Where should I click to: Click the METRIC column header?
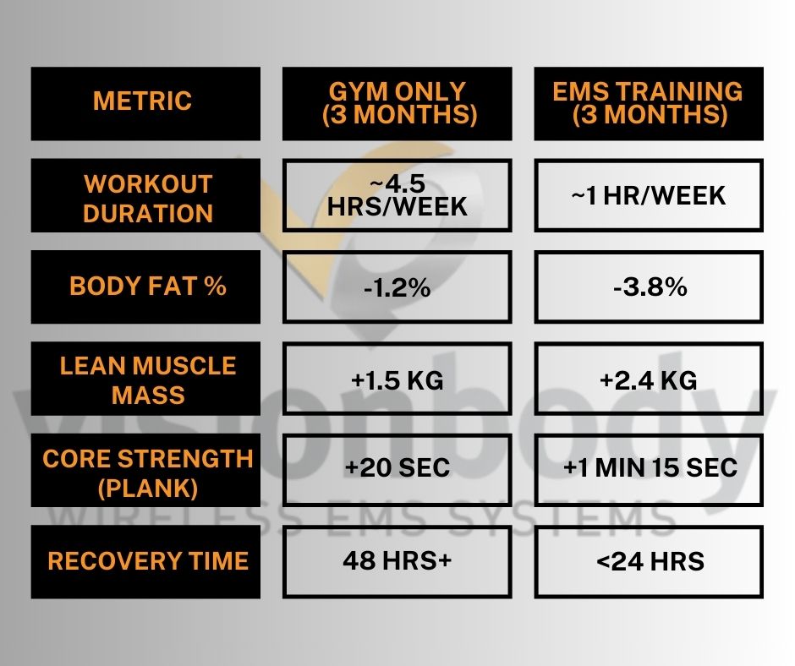click(x=143, y=102)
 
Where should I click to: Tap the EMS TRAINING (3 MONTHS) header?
click(x=649, y=103)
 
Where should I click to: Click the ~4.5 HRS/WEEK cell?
click(x=397, y=195)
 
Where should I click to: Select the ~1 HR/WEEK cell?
click(x=649, y=195)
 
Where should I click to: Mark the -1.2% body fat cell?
click(x=397, y=287)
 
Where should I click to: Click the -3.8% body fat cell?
click(x=649, y=287)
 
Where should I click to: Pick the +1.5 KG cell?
click(x=397, y=380)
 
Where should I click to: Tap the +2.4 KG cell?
click(x=649, y=380)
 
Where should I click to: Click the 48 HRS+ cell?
click(x=397, y=561)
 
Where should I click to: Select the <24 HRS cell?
click(x=649, y=561)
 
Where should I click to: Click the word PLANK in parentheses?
click(x=148, y=488)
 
